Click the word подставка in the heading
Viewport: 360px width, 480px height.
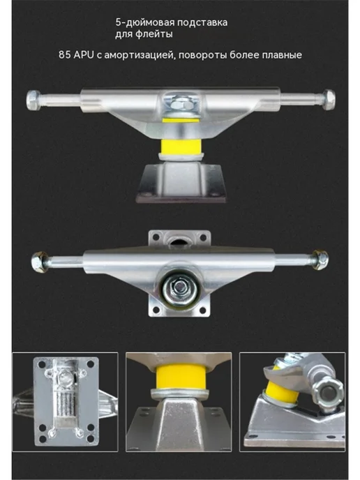(x=201, y=22)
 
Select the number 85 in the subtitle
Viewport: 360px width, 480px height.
(x=65, y=55)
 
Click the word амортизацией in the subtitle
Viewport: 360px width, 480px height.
(x=140, y=55)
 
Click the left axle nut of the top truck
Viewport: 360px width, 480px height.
(x=33, y=100)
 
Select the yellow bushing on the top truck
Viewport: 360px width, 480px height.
(x=180, y=147)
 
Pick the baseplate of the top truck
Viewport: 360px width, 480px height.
(x=181, y=183)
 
